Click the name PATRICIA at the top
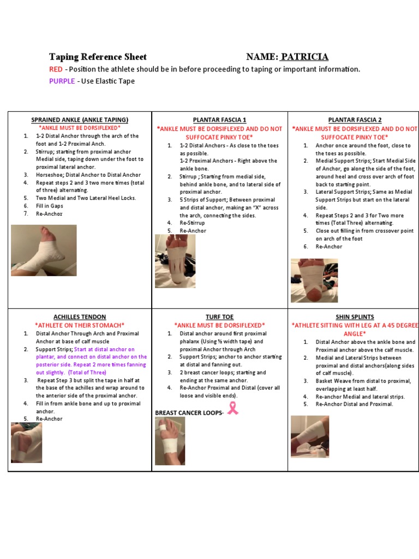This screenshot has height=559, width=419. pyautogui.click(x=304, y=57)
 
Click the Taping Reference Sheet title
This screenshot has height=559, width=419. pyautogui.click(x=98, y=57)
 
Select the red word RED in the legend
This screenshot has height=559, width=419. pyautogui.click(x=56, y=69)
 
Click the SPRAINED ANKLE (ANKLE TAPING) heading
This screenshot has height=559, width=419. pyautogui.click(x=80, y=120)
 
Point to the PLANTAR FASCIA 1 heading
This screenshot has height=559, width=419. pyautogui.click(x=219, y=120)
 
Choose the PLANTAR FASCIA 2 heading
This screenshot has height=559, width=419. pyautogui.click(x=355, y=120)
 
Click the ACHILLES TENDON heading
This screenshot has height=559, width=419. pyautogui.click(x=80, y=317)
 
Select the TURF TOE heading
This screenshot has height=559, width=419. pyautogui.click(x=219, y=317)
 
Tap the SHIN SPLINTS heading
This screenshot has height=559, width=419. pyautogui.click(x=355, y=317)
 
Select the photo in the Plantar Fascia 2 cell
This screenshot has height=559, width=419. pyautogui.click(x=314, y=280)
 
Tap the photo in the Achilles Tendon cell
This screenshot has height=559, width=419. pyautogui.click(x=26, y=443)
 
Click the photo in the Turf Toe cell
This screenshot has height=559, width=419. pyautogui.click(x=170, y=441)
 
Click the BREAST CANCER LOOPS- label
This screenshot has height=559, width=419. pyautogui.click(x=189, y=413)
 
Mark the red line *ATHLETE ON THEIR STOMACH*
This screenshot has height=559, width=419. pyautogui.click(x=80, y=325)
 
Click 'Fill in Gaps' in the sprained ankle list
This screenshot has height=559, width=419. pyautogui.click(x=50, y=206)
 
